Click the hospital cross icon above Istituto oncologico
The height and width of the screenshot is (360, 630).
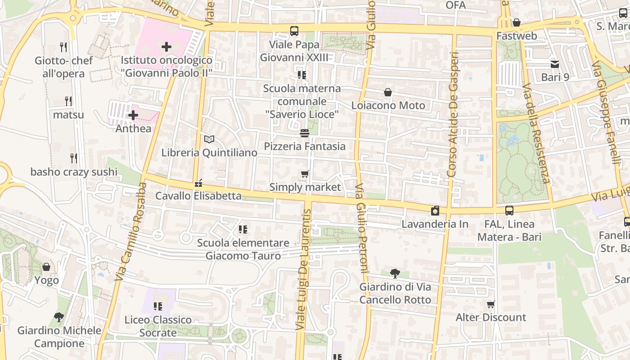166,46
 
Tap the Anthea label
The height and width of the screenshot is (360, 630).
133,128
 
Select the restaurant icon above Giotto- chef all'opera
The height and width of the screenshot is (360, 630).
63,46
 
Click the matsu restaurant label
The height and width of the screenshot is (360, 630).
68,114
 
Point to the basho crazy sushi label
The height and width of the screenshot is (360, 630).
74,171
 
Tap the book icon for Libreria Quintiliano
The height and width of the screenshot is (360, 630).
209,139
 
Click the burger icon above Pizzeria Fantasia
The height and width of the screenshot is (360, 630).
305,133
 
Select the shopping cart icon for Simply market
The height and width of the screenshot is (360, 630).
305,174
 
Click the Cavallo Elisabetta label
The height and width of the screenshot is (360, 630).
198,196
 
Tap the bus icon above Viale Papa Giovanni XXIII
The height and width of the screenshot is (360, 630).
294,31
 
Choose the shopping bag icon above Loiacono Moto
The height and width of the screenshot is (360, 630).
388,93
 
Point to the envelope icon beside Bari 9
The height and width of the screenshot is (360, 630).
554,64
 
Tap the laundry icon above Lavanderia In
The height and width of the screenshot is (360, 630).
435,211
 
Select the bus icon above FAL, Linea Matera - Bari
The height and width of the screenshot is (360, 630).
509,211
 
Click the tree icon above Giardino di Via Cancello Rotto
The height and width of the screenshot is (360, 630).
395,273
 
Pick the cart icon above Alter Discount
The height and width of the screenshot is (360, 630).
491,305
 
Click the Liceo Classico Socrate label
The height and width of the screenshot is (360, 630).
158,326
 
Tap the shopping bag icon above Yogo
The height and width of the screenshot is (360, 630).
46,267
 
